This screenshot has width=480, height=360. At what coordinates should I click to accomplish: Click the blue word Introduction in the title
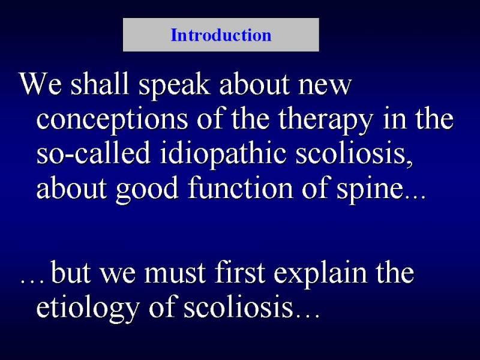[221, 35]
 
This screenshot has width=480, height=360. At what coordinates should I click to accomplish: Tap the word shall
[100, 83]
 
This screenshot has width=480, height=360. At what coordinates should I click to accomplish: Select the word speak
[174, 86]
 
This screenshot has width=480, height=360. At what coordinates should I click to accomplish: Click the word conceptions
[112, 120]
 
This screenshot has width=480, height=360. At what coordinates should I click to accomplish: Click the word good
[147, 189]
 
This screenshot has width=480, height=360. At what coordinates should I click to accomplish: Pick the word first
[239, 272]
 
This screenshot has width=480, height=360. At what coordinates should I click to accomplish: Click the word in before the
[394, 119]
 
